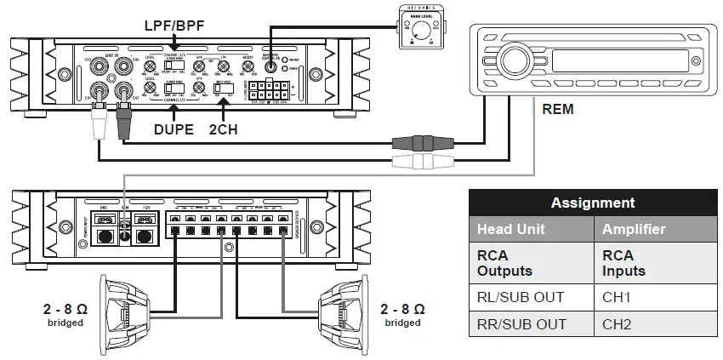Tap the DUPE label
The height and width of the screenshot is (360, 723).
point(174,131)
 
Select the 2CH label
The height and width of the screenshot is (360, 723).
point(224,131)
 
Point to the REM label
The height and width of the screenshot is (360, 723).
point(557,109)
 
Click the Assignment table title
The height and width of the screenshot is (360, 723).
point(593,203)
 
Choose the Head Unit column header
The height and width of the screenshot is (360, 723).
point(510,229)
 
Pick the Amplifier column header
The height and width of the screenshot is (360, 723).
point(634,229)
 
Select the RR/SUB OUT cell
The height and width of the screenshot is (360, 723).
point(521,324)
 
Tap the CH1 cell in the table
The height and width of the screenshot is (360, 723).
point(618,297)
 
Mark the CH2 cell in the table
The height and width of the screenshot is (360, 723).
point(618,324)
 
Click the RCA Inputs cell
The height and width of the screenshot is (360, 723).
point(623,262)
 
